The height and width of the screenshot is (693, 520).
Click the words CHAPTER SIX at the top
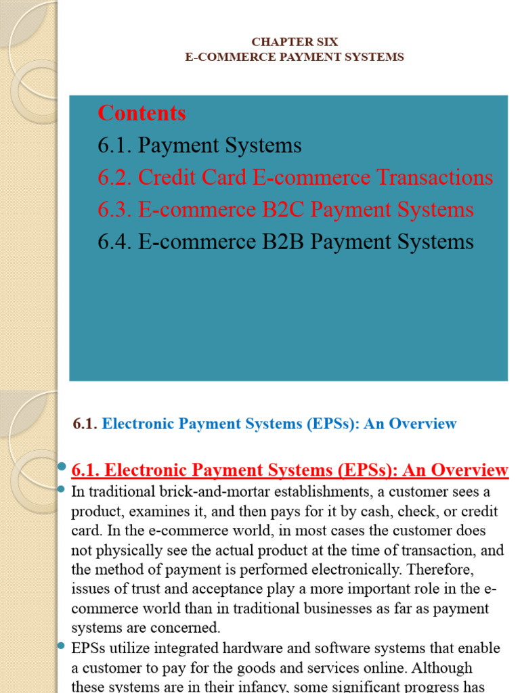click(x=295, y=42)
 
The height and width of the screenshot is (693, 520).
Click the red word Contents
click(x=142, y=113)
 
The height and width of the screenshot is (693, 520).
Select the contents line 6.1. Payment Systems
click(x=200, y=146)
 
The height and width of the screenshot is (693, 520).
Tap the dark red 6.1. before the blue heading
click(x=85, y=424)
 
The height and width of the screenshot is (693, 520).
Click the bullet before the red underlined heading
click(x=62, y=467)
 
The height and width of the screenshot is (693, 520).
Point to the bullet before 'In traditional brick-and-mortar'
click(x=62, y=489)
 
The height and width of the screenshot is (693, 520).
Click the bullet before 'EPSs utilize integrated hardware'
click(x=62, y=646)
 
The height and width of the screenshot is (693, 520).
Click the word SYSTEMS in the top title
click(x=374, y=58)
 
